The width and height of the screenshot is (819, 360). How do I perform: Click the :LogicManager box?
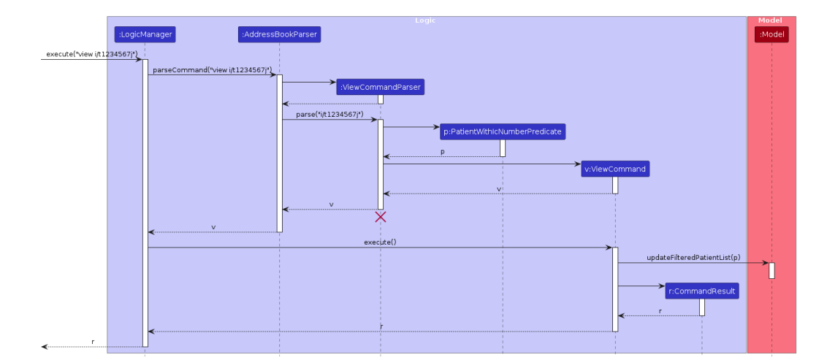point(145,34)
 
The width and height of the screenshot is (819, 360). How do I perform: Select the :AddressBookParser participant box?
point(279,34)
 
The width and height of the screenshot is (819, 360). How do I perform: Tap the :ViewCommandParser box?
point(380,88)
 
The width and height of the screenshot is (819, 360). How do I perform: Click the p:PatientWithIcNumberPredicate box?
point(503,132)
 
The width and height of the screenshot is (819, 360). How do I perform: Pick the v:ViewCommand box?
point(615,169)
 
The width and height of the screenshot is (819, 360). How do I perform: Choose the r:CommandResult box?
point(702,291)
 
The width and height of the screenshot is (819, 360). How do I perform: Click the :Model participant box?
point(772,34)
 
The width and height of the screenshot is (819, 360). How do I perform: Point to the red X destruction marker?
point(380,217)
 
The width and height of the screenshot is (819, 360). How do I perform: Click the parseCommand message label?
point(212,69)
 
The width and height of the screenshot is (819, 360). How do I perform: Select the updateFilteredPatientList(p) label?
point(693,258)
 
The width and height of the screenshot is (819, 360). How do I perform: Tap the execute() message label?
point(380,242)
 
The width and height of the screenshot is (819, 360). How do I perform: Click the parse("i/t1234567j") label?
point(329,114)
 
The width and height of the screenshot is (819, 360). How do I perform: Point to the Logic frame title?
point(425,20)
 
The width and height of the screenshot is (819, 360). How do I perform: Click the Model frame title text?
point(771,20)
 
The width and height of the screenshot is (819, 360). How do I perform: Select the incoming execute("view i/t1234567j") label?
point(91,54)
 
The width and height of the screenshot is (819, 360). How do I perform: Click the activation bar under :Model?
point(772,270)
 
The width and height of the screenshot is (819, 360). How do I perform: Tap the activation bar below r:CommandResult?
point(702,307)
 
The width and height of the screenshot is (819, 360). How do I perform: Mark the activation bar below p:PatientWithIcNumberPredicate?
point(503,148)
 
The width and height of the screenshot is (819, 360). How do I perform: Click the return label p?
point(442,152)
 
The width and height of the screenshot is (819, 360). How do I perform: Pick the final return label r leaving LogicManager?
point(93,342)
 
